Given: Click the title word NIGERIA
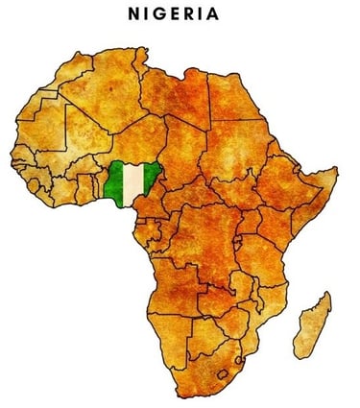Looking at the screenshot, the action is point(180,13).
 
